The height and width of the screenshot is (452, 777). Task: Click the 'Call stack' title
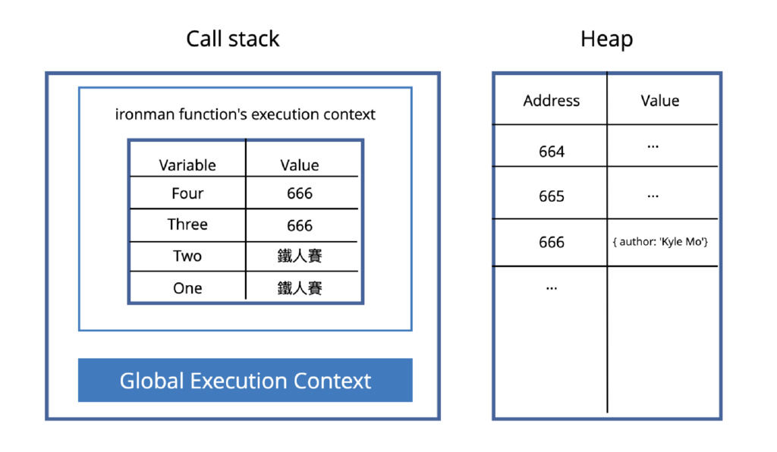pyautogui.click(x=233, y=39)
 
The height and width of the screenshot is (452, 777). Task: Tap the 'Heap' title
pyautogui.click(x=606, y=39)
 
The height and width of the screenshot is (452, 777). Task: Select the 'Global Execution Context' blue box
pyautogui.click(x=245, y=380)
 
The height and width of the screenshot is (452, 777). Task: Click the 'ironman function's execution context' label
pyautogui.click(x=245, y=115)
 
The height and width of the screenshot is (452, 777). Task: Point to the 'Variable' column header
pyautogui.click(x=187, y=165)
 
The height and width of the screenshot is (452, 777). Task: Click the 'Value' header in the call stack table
pyautogui.click(x=300, y=165)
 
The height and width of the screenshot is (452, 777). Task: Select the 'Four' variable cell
pyautogui.click(x=187, y=193)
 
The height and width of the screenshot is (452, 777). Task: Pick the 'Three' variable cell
pyautogui.click(x=187, y=225)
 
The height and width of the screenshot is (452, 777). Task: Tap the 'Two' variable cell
pyautogui.click(x=187, y=256)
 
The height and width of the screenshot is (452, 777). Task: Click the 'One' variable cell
pyautogui.click(x=187, y=288)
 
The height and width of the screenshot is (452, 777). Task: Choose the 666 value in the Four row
pyautogui.click(x=300, y=193)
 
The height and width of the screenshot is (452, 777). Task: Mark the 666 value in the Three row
pyautogui.click(x=300, y=226)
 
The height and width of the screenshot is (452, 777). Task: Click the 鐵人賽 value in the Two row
pyautogui.click(x=300, y=256)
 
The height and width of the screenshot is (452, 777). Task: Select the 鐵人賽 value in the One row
pyautogui.click(x=300, y=288)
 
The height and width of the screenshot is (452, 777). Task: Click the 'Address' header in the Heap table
pyautogui.click(x=551, y=101)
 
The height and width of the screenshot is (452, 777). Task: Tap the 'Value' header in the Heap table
pyautogui.click(x=659, y=101)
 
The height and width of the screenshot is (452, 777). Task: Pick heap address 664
pyautogui.click(x=551, y=152)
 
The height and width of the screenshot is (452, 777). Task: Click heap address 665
pyautogui.click(x=551, y=196)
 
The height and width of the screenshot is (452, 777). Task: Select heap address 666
pyautogui.click(x=551, y=242)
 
